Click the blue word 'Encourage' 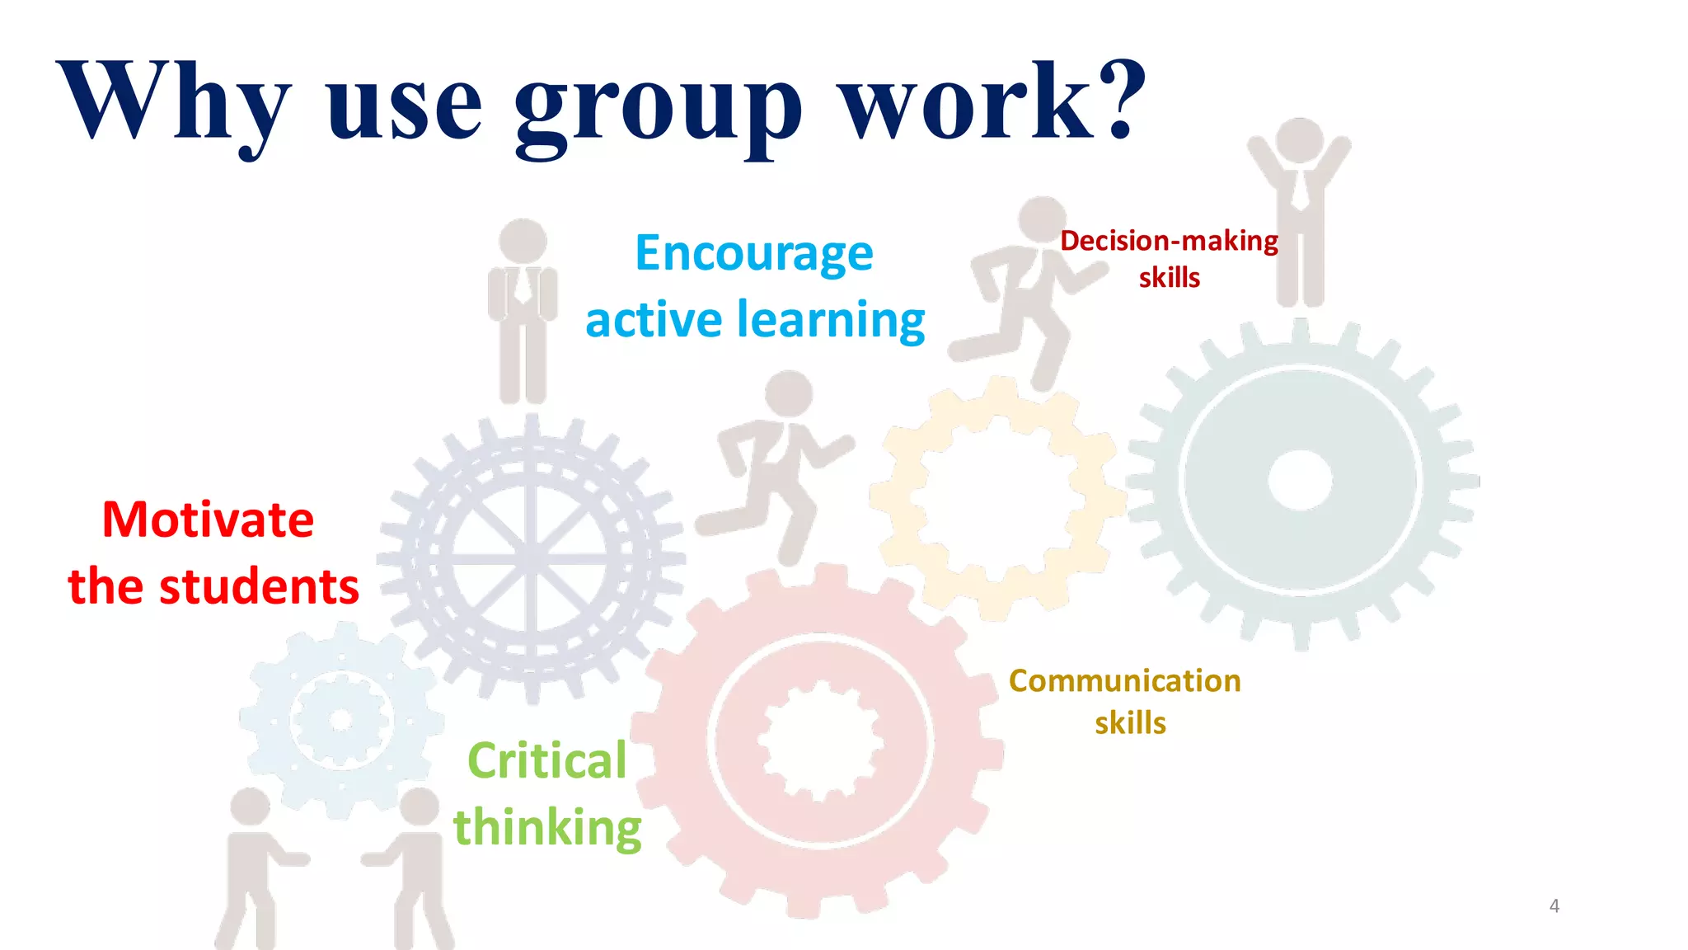coord(754,252)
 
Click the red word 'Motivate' coord(208,520)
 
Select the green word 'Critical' coord(547,760)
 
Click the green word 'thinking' coord(547,827)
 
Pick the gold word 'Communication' coord(1125,681)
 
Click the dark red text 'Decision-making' coord(1169,241)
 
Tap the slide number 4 coord(1554,905)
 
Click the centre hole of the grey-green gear coord(1300,480)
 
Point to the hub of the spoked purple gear coord(532,560)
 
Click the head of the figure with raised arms coord(1300,141)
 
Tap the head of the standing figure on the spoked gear coord(523,242)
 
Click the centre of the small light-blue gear coord(340,720)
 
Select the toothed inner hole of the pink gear coord(820,740)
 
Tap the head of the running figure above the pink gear coord(789,393)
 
